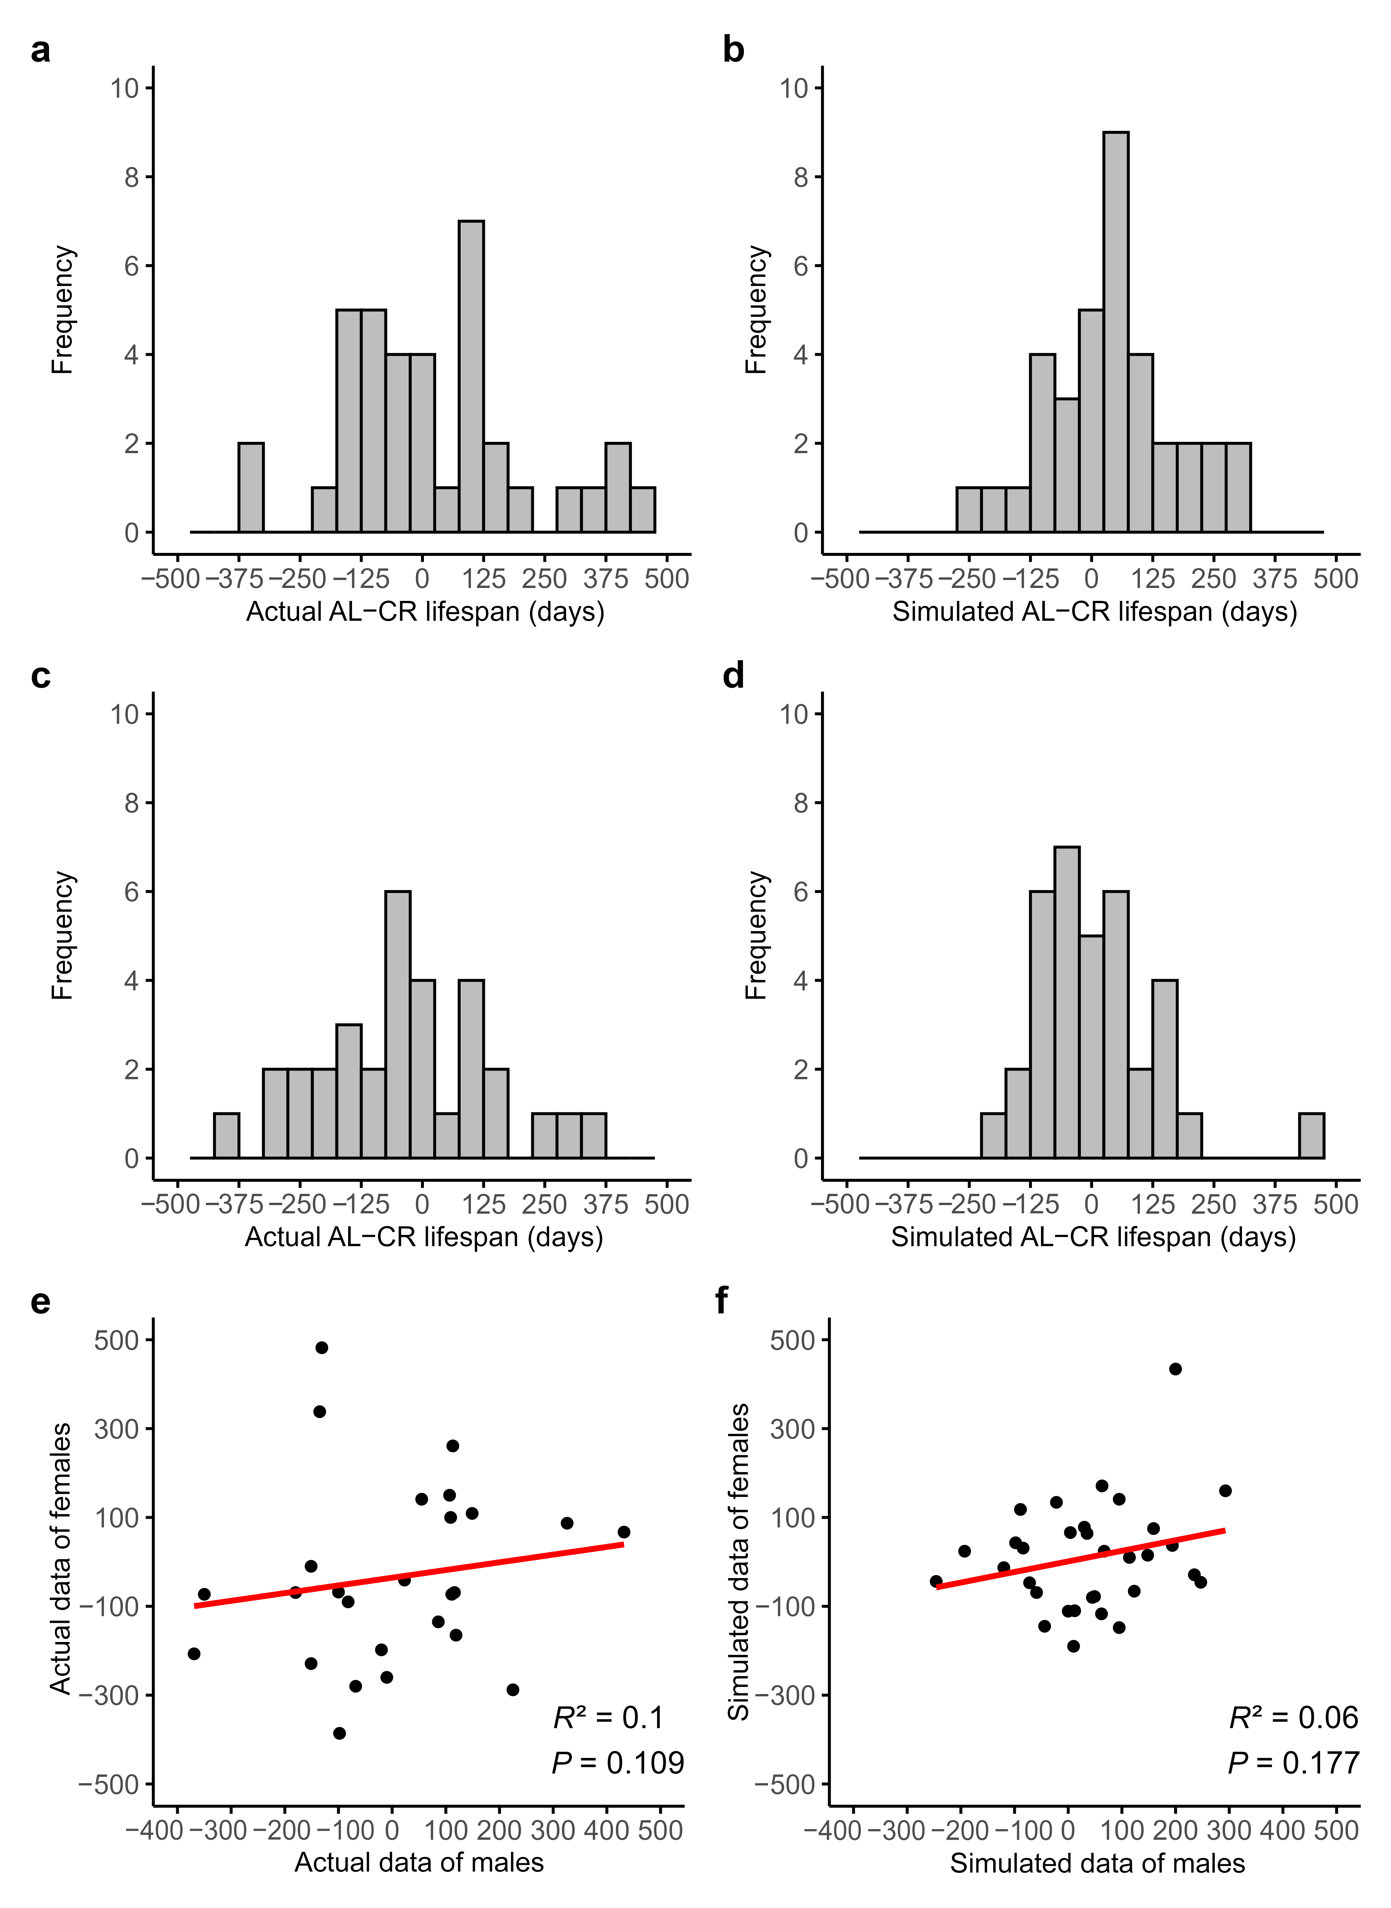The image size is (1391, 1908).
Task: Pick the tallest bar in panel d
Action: click(1067, 1002)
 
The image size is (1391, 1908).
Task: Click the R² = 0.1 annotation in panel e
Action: click(608, 1718)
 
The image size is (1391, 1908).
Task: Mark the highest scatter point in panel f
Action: click(1175, 1369)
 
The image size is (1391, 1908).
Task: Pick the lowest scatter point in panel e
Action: click(339, 1733)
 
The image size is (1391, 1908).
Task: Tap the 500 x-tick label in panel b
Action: click(1335, 579)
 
